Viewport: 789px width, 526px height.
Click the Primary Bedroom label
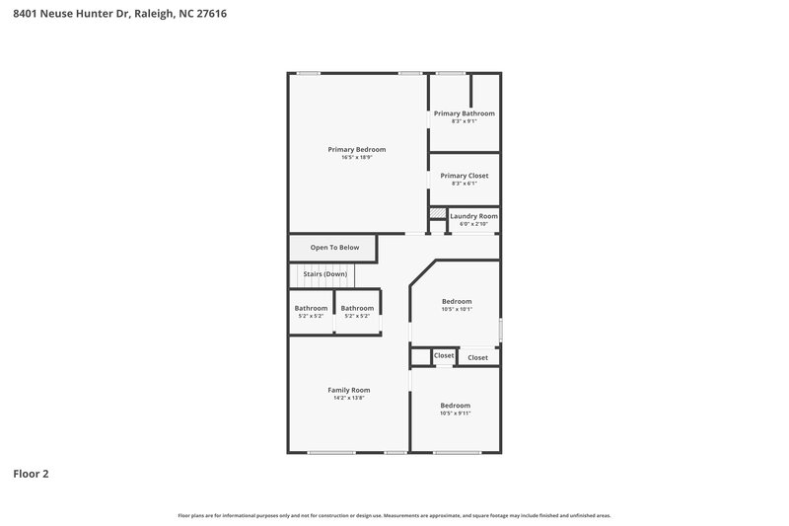(x=357, y=149)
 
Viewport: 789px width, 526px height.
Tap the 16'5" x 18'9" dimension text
(x=357, y=157)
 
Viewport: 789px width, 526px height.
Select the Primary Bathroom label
(x=465, y=113)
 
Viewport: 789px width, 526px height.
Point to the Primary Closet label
(x=465, y=176)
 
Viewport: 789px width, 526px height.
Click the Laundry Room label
(x=473, y=216)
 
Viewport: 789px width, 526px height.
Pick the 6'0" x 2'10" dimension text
(x=473, y=224)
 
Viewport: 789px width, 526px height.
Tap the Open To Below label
(x=334, y=248)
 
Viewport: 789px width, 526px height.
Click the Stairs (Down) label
(x=324, y=273)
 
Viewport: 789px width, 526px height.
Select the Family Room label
(x=349, y=390)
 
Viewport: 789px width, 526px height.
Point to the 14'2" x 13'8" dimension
(x=349, y=398)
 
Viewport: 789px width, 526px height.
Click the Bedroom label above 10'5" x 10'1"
(x=457, y=301)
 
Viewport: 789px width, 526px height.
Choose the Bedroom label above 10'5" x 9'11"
(x=456, y=406)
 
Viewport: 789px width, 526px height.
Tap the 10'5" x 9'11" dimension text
(x=456, y=413)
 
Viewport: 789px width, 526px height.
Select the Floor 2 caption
(x=31, y=474)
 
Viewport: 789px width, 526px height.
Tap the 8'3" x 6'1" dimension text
(x=465, y=184)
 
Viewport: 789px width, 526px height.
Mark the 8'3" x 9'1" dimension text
(x=465, y=121)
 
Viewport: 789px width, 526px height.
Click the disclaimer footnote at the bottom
(x=394, y=515)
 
